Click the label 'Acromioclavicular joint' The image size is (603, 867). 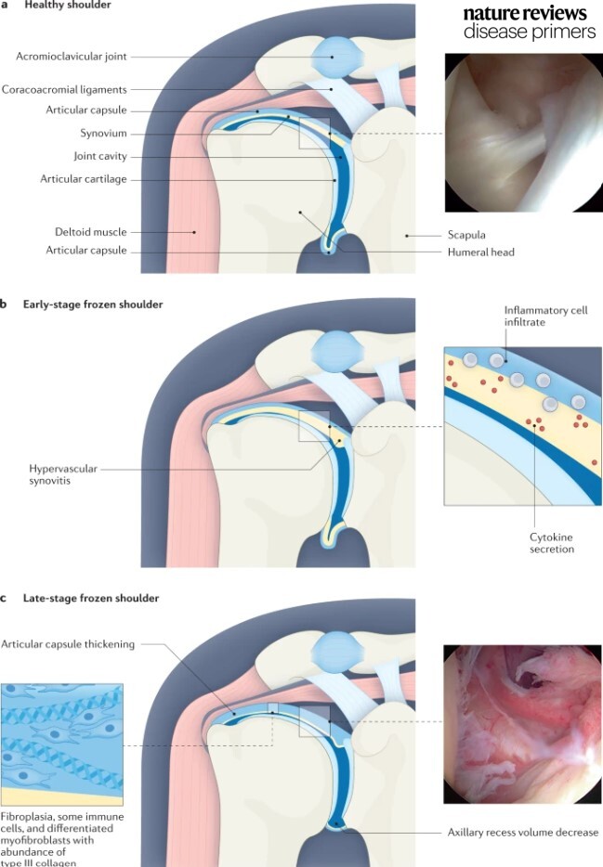(72, 56)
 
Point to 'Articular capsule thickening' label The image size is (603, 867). (68, 643)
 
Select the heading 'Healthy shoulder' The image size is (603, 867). (59, 6)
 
